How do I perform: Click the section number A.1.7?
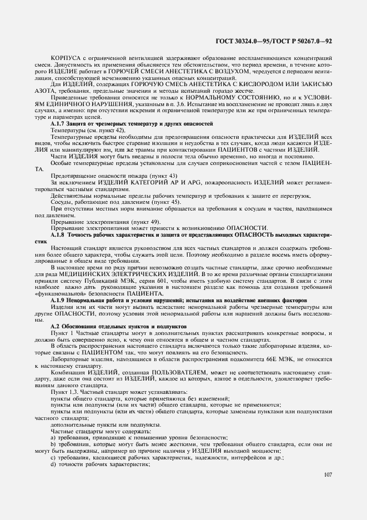(58, 123)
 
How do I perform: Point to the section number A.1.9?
(58, 301)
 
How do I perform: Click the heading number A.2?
(55, 326)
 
